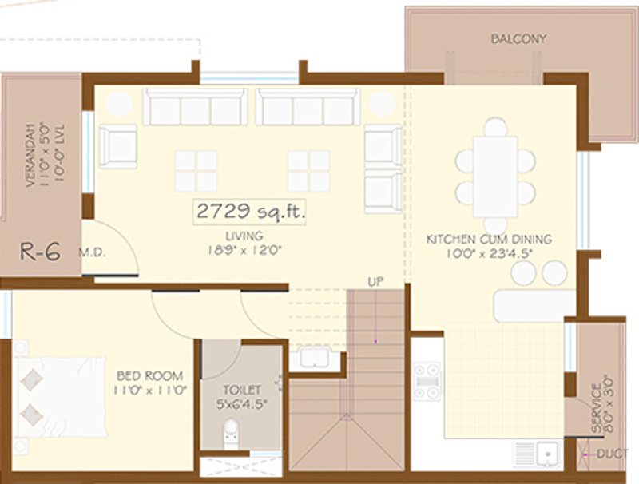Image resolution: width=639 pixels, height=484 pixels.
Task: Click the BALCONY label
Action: pos(508,38)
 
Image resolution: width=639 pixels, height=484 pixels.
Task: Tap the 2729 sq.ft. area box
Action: pos(249,212)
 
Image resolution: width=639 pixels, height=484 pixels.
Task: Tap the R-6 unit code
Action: pos(40,252)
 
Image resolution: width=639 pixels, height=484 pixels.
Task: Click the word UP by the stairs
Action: pos(376,281)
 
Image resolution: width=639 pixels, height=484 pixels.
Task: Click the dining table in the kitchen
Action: pos(494,176)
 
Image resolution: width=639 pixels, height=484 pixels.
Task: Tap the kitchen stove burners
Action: pos(426,381)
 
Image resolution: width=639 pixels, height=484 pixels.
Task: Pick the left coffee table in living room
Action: pos(196,171)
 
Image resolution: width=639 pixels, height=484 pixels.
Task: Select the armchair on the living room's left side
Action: pos(118,146)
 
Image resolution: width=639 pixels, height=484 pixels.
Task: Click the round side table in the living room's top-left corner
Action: pos(120,103)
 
